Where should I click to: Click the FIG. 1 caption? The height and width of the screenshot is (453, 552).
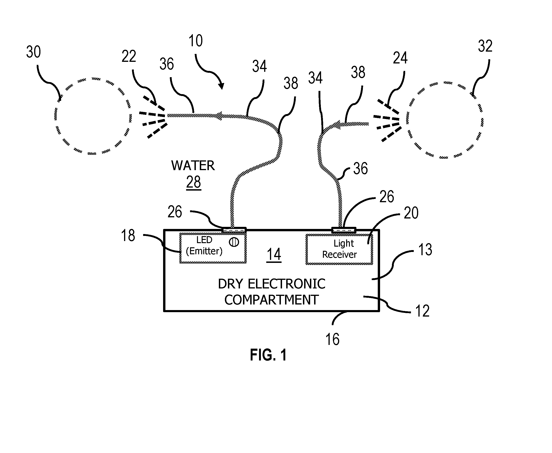pos(268,355)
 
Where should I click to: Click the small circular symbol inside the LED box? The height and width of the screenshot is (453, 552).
pos(234,242)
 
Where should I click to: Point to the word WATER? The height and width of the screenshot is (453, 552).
pos(193,165)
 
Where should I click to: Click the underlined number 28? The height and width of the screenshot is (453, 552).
pos(194,182)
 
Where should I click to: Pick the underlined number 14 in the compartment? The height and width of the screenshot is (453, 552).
pos(274,255)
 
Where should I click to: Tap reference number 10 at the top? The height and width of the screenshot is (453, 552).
pos(195,41)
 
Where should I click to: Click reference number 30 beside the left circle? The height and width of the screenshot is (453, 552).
pos(33,52)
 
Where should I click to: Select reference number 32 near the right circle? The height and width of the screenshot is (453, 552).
pos(485,46)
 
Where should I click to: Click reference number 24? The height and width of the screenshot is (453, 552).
pos(400,58)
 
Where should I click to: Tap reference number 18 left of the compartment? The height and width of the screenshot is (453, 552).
pos(128,235)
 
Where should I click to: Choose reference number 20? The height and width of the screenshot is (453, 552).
pos(411,213)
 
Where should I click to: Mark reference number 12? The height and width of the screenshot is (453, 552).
pos(422,311)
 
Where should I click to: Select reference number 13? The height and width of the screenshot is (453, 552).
pos(425,249)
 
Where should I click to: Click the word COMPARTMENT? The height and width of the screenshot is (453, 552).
pos(271,300)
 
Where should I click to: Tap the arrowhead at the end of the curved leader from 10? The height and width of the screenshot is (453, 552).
pos(221,86)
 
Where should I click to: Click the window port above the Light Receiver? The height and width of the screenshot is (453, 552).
pos(344,230)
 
